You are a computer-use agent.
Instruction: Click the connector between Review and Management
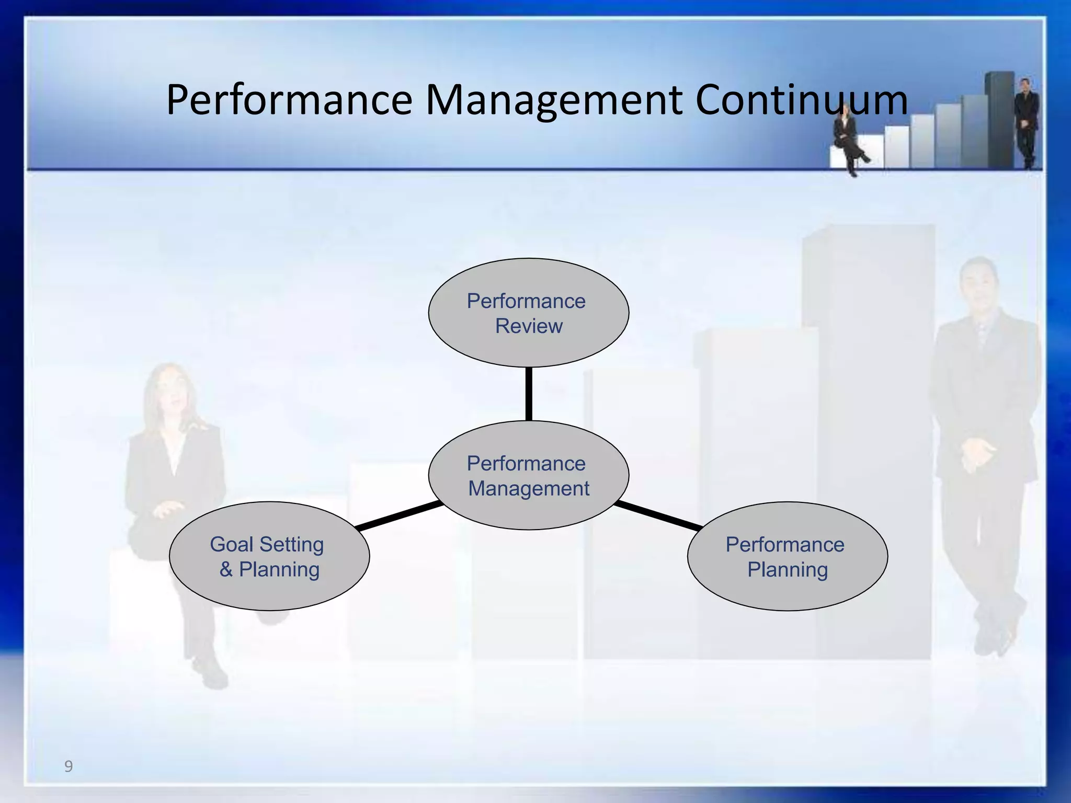point(529,394)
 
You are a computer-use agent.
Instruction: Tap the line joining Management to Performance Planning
point(658,516)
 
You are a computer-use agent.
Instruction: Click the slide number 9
point(69,766)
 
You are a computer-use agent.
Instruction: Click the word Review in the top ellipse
point(529,326)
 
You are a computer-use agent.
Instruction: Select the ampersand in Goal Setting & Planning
point(226,569)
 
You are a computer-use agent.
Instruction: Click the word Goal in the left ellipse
point(231,544)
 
